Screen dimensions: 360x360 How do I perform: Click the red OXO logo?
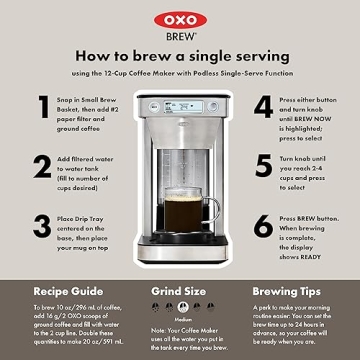click(x=179, y=15)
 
